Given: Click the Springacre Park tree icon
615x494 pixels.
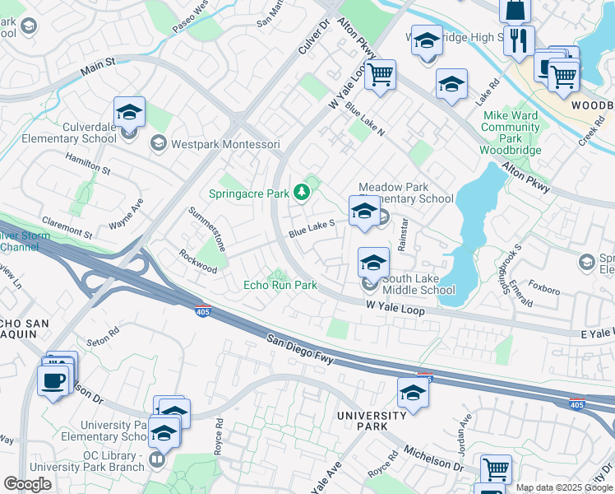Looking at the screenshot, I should [303, 192].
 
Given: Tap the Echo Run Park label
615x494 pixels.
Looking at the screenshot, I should [280, 286].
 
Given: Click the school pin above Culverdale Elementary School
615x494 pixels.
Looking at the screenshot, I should [129, 112].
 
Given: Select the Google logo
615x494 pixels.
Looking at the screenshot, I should [28, 483].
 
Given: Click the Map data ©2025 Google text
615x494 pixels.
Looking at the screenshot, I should [564, 487].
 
